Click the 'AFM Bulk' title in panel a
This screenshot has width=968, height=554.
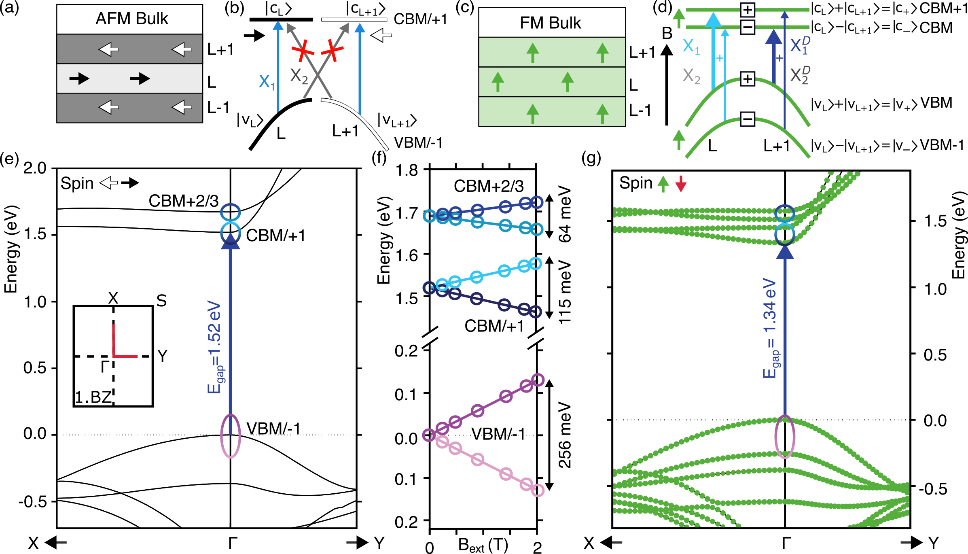(x=131, y=19)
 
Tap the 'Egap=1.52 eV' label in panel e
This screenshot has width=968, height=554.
(x=214, y=347)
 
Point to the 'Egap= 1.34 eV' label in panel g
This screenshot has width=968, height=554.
(x=770, y=328)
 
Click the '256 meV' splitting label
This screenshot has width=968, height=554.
(x=565, y=435)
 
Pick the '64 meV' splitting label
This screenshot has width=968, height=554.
(x=565, y=214)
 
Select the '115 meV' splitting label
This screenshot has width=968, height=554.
(x=565, y=291)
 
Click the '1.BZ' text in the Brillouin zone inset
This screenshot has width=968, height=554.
(x=93, y=397)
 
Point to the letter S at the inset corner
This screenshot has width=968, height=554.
(x=161, y=301)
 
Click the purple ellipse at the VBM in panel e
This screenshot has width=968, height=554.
(x=231, y=436)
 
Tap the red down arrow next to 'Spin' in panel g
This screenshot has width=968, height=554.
(x=681, y=184)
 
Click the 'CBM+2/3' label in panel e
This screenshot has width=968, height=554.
(x=183, y=201)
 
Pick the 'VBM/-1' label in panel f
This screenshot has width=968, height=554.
(x=498, y=434)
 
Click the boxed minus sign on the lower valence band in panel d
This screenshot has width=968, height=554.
(x=747, y=119)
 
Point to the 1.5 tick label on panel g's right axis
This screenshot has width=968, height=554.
(x=935, y=221)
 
